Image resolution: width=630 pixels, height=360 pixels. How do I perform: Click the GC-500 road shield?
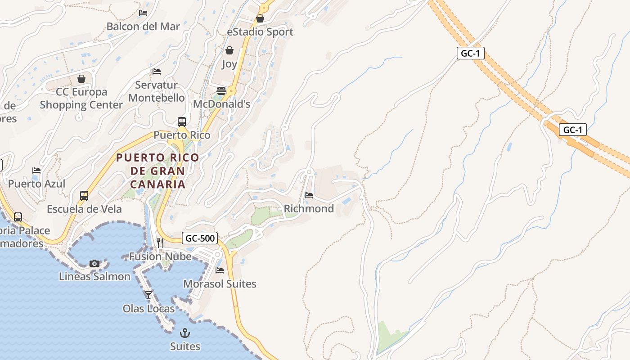pyautogui.click(x=200, y=238)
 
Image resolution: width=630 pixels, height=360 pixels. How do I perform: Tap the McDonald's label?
pyautogui.click(x=221, y=104)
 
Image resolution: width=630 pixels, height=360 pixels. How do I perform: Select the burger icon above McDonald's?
pyautogui.click(x=221, y=90)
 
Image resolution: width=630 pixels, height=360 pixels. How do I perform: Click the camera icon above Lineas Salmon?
pyautogui.click(x=94, y=263)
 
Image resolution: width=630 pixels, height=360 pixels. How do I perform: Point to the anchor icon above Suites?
pyautogui.click(x=184, y=333)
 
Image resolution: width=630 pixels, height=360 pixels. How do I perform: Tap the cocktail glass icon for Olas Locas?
pyautogui.click(x=148, y=295)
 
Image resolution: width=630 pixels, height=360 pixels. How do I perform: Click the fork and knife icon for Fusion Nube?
pyautogui.click(x=160, y=243)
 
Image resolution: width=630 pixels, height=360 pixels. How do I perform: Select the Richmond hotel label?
pyautogui.click(x=309, y=209)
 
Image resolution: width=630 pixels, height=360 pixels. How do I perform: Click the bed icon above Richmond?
pyautogui.click(x=309, y=195)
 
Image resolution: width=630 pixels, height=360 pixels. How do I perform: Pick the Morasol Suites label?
pyautogui.click(x=220, y=284)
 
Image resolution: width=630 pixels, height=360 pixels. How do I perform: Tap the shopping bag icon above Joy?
pyautogui.click(x=229, y=50)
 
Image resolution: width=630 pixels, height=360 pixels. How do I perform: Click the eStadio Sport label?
pyautogui.click(x=260, y=32)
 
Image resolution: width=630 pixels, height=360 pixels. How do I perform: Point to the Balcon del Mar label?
pyautogui.click(x=143, y=27)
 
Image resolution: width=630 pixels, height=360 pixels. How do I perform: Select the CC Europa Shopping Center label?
pyautogui.click(x=81, y=99)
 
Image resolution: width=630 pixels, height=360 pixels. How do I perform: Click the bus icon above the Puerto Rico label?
pyautogui.click(x=182, y=122)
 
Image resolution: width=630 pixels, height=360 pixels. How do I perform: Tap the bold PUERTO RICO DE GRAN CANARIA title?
pyautogui.click(x=157, y=171)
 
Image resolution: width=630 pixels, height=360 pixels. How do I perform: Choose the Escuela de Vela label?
pyautogui.click(x=84, y=209)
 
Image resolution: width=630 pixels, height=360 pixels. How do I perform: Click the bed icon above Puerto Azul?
pyautogui.click(x=36, y=171)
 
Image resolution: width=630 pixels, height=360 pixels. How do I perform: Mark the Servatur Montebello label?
pyautogui.click(x=157, y=91)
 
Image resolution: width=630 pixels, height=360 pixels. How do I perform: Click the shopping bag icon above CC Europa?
pyautogui.click(x=81, y=79)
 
